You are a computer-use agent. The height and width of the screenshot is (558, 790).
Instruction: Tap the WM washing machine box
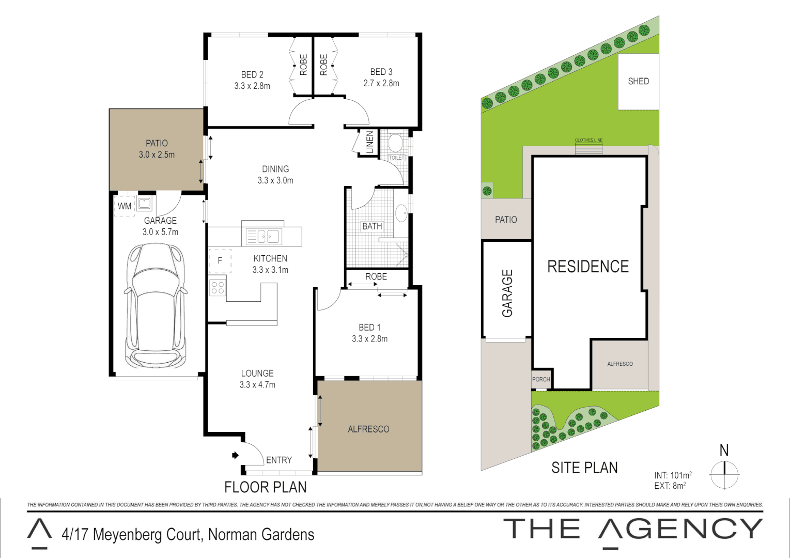click(x=125, y=206)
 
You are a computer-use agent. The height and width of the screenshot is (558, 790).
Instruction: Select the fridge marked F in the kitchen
click(x=220, y=260)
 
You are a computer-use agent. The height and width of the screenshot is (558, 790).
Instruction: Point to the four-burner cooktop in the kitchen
click(x=218, y=288)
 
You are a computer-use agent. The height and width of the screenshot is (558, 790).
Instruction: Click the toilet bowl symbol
click(x=395, y=143)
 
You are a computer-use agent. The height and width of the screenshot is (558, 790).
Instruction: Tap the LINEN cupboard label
click(x=369, y=142)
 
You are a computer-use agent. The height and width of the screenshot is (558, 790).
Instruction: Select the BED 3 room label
click(x=381, y=72)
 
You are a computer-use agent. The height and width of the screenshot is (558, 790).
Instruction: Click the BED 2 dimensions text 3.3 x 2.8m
click(x=252, y=86)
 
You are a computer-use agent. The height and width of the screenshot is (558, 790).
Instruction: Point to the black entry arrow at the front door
click(x=235, y=455)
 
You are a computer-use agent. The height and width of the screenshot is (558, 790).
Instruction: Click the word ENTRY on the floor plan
click(x=279, y=460)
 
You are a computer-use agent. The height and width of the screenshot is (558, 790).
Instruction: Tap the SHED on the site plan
click(x=639, y=81)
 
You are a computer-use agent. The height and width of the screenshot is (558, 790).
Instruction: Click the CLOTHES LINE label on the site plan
click(x=588, y=140)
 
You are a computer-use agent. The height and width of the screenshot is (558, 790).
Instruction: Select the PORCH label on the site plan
click(x=541, y=379)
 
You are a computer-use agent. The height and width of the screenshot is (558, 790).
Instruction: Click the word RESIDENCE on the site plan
click(x=588, y=267)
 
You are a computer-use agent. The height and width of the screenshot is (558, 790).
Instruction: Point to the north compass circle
click(x=724, y=473)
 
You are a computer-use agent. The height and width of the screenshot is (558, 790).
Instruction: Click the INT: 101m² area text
click(x=673, y=475)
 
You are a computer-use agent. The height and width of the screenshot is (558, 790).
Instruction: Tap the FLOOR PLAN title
click(x=265, y=487)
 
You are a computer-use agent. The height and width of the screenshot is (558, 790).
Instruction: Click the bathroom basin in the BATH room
click(x=401, y=213)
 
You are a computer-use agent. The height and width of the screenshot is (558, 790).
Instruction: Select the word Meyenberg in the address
click(x=132, y=534)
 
